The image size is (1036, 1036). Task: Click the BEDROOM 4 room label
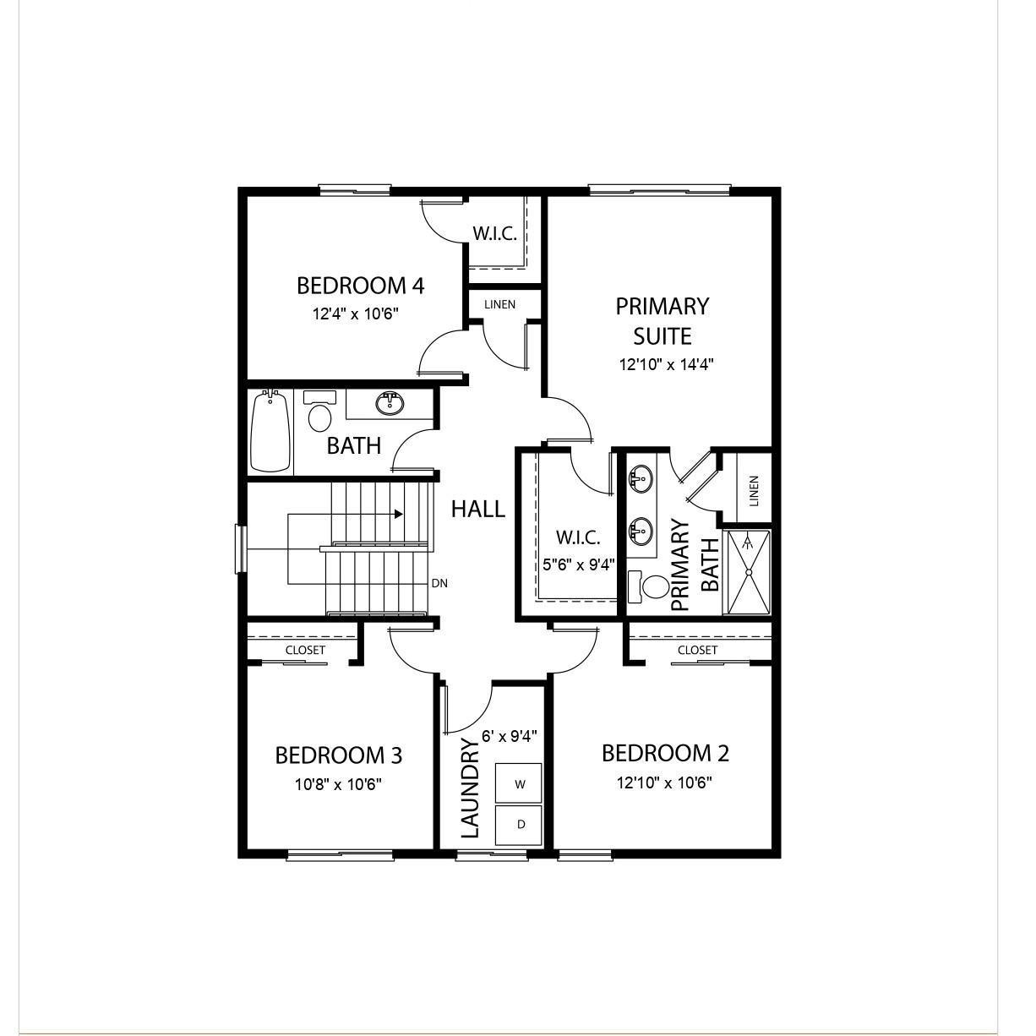[x=360, y=286]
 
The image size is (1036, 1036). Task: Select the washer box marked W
[x=519, y=783]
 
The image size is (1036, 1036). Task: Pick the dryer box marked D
[x=519, y=824]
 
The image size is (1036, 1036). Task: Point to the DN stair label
[x=439, y=583]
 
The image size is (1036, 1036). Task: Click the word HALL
[x=477, y=509]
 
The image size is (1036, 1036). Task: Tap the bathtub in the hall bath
[x=270, y=431]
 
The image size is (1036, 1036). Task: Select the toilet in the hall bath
[x=319, y=416]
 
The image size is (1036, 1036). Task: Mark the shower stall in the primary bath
[x=748, y=572]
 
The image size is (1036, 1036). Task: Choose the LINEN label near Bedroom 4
[x=499, y=304]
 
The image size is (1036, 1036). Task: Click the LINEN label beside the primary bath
[x=754, y=491]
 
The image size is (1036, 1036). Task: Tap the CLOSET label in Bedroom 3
[x=305, y=650]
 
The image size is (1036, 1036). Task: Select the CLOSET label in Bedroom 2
[x=697, y=650]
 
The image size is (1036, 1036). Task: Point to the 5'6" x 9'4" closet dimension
[x=578, y=564]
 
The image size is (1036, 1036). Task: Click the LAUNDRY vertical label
[x=471, y=788]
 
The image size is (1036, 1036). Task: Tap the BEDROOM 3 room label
[x=338, y=755]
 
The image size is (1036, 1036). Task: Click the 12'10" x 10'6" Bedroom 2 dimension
[x=664, y=782]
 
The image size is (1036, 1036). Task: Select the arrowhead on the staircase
[x=398, y=514]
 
